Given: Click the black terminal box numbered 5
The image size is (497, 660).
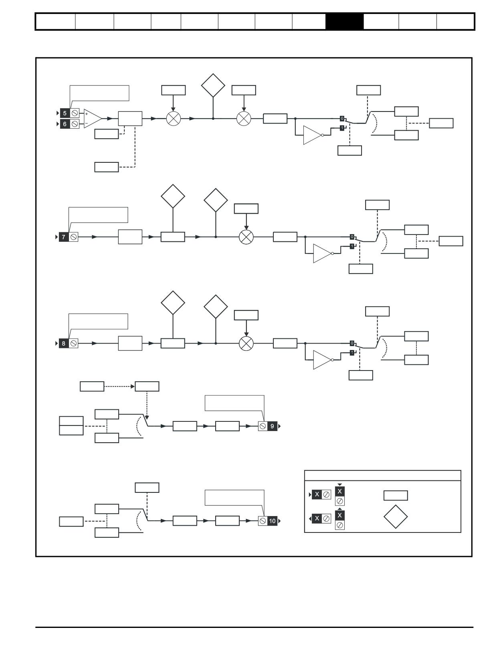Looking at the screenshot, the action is tap(65, 113).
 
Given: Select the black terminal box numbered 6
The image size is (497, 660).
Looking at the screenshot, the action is tap(65, 124).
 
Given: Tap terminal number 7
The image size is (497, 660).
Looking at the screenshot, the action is tap(63, 237).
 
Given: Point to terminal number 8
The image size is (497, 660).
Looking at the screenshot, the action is tap(63, 343).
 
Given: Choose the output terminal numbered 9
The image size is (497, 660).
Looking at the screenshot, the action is tap(272, 426).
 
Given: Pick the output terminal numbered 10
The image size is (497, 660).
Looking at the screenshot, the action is tap(272, 521).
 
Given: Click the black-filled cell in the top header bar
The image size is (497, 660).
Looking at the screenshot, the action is tap(344, 21).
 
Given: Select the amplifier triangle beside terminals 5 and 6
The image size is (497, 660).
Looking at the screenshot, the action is tap(93, 118).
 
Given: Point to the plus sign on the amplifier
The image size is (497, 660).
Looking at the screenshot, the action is tap(87, 114).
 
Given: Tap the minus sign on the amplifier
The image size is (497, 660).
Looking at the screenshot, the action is tap(87, 123).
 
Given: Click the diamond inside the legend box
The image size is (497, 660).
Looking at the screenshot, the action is tap(396, 516).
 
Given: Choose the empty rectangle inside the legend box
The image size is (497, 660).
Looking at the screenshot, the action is tap(396, 496).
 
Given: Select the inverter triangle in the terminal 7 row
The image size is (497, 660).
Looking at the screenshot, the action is tap(322, 253).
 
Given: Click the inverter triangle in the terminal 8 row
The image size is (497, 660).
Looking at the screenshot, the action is tap(322, 360).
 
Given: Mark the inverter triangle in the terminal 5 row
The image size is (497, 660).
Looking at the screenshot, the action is tap(313, 135).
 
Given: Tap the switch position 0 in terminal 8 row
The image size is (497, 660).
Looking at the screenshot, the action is tap(352, 343).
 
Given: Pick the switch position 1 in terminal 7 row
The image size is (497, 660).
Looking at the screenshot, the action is tap(352, 246).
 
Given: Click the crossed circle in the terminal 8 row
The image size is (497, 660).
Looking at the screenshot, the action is tap(246, 343).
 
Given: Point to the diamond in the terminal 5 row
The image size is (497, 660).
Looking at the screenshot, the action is tap(213, 85).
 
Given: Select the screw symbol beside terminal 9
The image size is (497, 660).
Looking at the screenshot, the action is tap(263, 426).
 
